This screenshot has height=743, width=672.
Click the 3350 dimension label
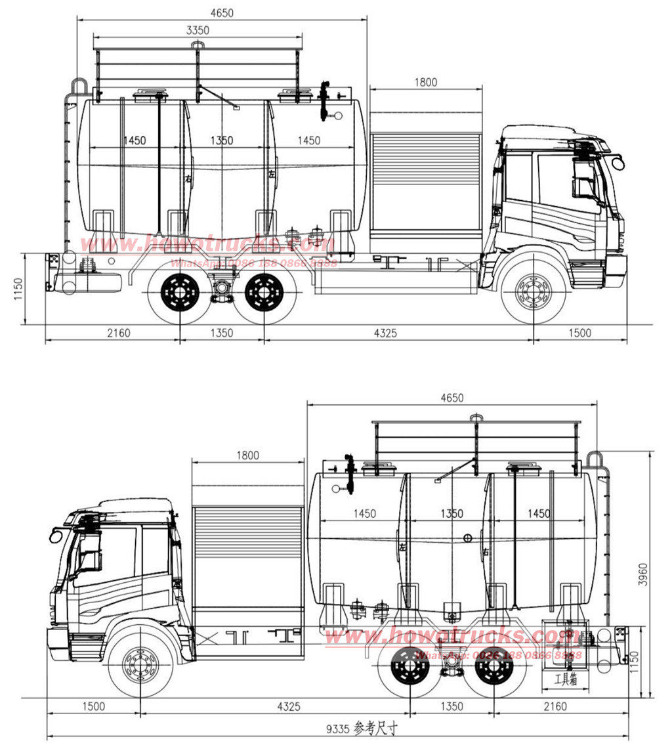(197, 30)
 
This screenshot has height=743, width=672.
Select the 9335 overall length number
(339, 728)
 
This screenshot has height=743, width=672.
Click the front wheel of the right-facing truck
(533, 289)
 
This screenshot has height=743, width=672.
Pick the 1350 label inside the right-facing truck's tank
(222, 140)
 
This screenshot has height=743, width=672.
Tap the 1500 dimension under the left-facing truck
(93, 706)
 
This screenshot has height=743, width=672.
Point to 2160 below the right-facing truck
(119, 333)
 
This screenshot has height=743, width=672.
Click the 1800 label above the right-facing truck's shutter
(425, 83)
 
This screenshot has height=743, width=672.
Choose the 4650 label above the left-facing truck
(451, 398)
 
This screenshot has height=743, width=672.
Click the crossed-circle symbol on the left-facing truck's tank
(467, 539)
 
